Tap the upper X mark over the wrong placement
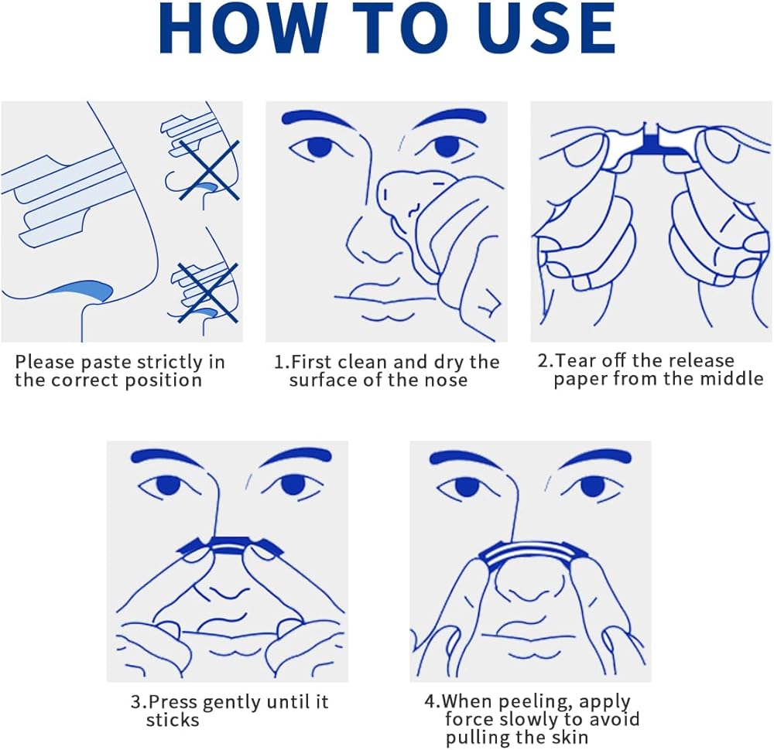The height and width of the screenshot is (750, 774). click(209, 170)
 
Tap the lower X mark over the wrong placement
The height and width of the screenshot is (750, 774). click(207, 293)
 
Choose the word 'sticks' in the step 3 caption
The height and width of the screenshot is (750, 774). click(173, 721)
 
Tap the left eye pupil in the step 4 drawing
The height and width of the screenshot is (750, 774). click(464, 486)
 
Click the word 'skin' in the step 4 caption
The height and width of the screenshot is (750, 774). click(571, 738)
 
